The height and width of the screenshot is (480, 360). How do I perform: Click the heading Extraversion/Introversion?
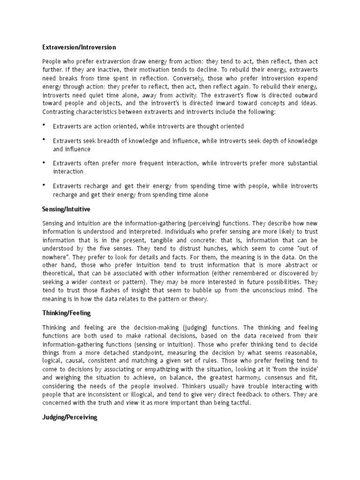(x=79, y=47)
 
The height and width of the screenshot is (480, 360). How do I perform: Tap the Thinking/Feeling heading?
(x=66, y=312)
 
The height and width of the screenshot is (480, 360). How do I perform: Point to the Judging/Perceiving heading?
(x=69, y=417)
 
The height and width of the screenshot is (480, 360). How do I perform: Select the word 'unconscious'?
(x=265, y=291)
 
